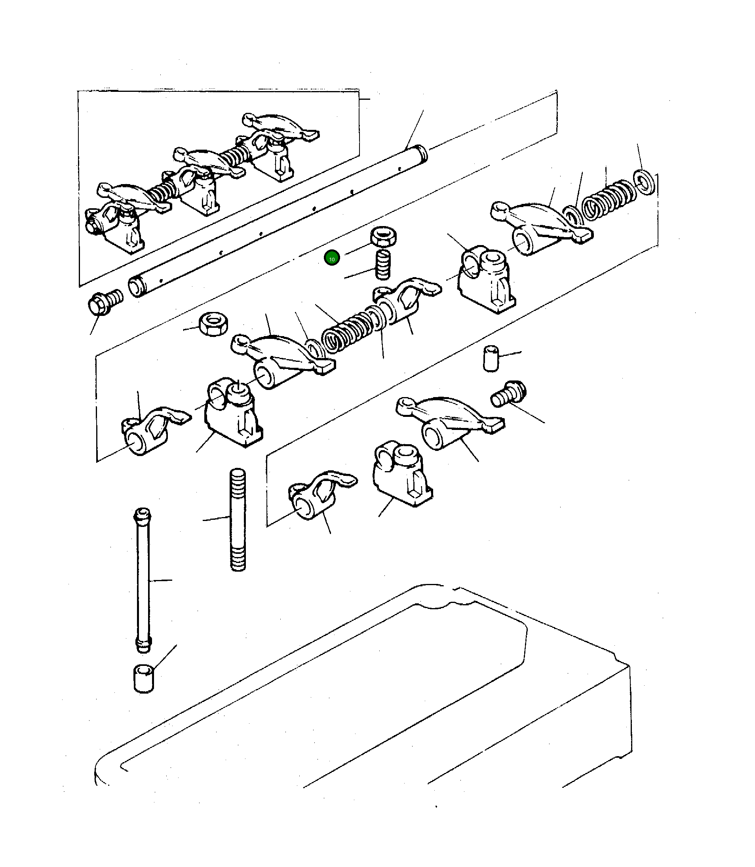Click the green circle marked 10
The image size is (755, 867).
point(332,258)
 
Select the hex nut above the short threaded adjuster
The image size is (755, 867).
point(383,237)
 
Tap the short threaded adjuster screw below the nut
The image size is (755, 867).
point(382,264)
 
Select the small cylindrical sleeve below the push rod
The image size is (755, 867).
point(144,678)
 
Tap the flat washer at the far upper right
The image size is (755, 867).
point(645,182)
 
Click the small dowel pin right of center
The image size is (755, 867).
point(491,358)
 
